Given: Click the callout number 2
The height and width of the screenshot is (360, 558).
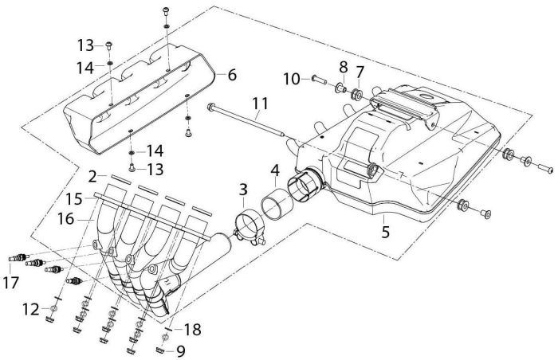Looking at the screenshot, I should coord(92,174).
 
